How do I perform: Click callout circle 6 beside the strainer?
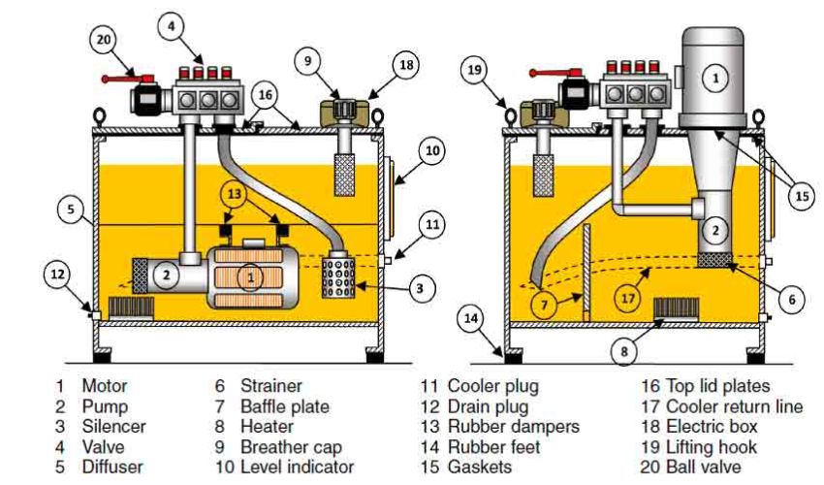click(791, 301)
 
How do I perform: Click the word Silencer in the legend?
click(113, 427)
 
